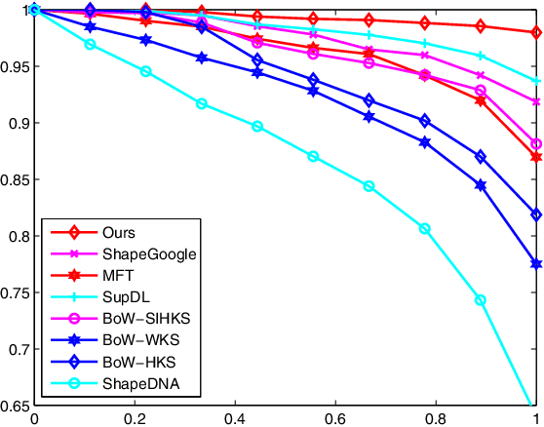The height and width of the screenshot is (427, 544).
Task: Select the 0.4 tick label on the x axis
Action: pos(234,417)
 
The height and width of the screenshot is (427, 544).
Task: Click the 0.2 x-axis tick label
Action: pos(135,417)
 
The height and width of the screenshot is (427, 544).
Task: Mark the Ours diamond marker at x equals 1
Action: pos(536,32)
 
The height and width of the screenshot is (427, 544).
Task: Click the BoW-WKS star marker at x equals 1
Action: pos(536,264)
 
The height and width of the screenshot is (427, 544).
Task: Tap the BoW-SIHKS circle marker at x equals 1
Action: pos(536,144)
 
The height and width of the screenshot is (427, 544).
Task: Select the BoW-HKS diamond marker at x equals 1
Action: pos(536,214)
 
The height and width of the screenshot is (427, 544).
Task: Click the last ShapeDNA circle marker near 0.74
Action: pos(481,300)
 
